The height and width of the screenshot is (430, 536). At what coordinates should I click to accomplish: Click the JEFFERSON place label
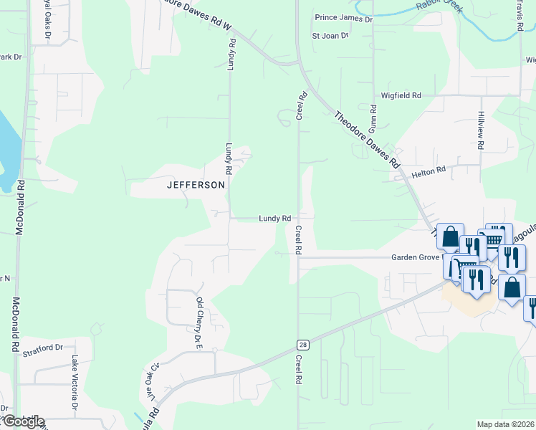tap(196, 184)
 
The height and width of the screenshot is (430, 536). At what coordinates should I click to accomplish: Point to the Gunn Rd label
tap(373, 118)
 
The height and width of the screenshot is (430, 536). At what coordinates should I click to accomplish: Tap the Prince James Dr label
tap(344, 19)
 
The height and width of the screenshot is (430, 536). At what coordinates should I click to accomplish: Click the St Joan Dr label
tap(329, 35)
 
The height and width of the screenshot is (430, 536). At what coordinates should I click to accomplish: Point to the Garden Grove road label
tap(414, 257)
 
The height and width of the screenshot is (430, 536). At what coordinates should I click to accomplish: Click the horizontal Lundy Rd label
tap(274, 219)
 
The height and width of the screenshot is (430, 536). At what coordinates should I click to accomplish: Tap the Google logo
tap(22, 421)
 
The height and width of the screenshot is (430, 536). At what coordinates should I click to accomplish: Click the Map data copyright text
tap(506, 424)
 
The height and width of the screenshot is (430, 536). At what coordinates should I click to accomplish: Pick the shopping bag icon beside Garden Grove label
tap(450, 236)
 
